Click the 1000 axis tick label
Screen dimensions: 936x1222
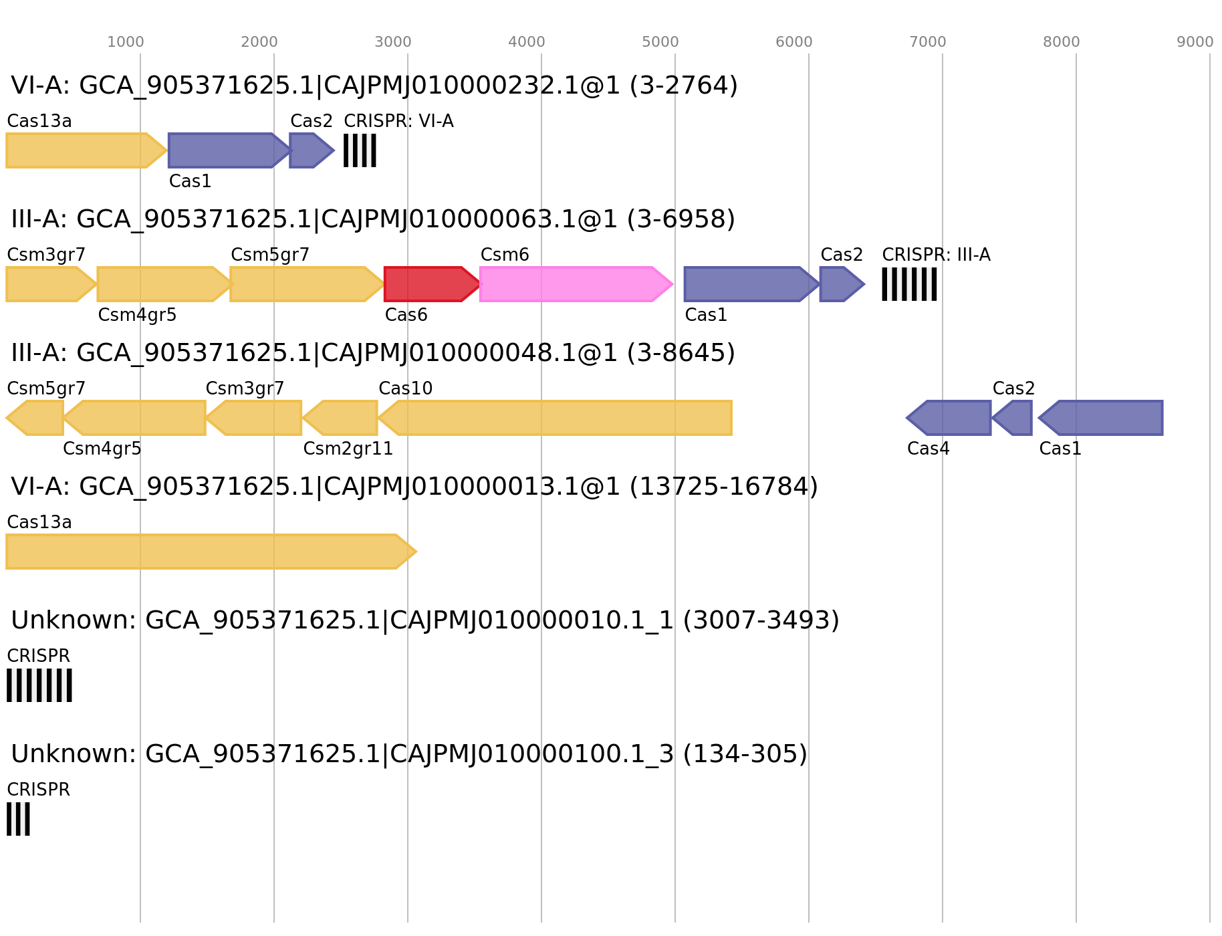click(x=125, y=42)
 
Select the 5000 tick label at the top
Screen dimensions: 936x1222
click(x=660, y=42)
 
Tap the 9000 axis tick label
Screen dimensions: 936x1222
click(x=1195, y=42)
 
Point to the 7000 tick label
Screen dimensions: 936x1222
click(x=927, y=42)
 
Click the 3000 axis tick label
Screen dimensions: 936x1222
click(x=392, y=42)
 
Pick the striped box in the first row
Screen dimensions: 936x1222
click(x=360, y=150)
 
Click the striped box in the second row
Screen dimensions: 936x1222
click(x=909, y=284)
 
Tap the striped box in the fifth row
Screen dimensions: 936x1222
click(x=39, y=685)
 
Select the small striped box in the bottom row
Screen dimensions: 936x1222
click(x=18, y=819)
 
